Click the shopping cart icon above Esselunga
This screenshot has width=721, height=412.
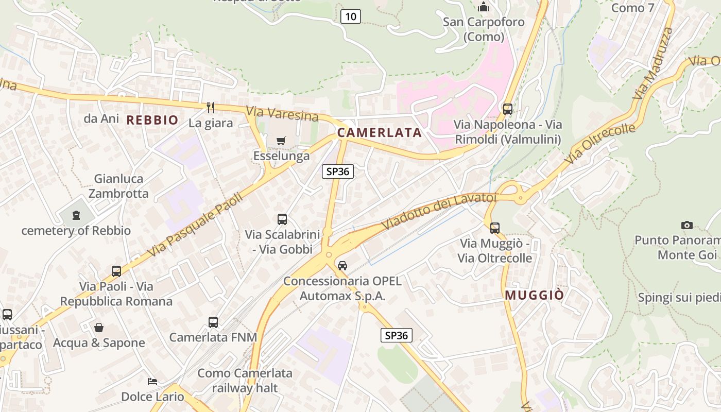tap(281, 141)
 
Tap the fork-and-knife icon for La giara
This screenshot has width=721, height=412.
tap(210, 107)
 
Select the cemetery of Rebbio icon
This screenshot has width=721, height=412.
tap(76, 215)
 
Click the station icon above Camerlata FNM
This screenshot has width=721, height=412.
tap(213, 322)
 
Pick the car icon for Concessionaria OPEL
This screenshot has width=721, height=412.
tap(342, 266)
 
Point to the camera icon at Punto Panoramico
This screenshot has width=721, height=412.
tap(686, 225)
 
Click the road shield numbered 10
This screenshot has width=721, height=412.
tap(350, 16)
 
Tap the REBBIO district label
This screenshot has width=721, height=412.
tap(152, 121)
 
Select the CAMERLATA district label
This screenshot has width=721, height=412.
tap(380, 133)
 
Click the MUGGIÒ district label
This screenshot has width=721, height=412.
tap(535, 296)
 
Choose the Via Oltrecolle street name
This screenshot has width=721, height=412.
tap(599, 145)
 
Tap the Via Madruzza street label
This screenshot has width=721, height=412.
tap(653, 64)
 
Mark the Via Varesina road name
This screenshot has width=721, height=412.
tap(282, 113)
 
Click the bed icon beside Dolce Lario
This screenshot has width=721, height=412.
tap(152, 382)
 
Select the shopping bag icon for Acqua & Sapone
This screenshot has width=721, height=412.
tap(98, 328)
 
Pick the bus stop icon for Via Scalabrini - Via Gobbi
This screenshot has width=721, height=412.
tap(282, 219)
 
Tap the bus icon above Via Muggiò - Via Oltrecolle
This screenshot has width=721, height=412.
tap(495, 228)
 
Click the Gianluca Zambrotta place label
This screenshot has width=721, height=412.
tap(118, 186)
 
